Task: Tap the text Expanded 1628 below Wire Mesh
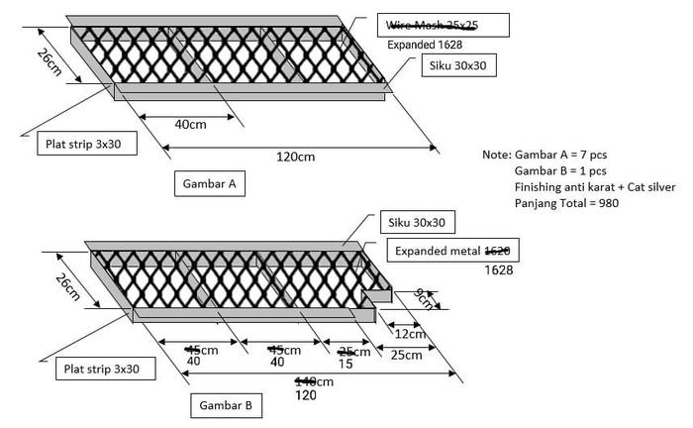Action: (x=425, y=45)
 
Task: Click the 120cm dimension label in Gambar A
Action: (x=296, y=156)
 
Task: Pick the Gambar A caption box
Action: (x=209, y=183)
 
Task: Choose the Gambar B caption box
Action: (x=227, y=405)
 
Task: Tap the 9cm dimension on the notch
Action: (x=423, y=298)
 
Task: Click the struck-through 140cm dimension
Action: (x=315, y=381)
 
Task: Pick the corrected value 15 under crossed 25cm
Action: (x=346, y=364)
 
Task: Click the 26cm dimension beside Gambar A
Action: (x=50, y=64)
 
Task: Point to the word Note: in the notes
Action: (x=497, y=156)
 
